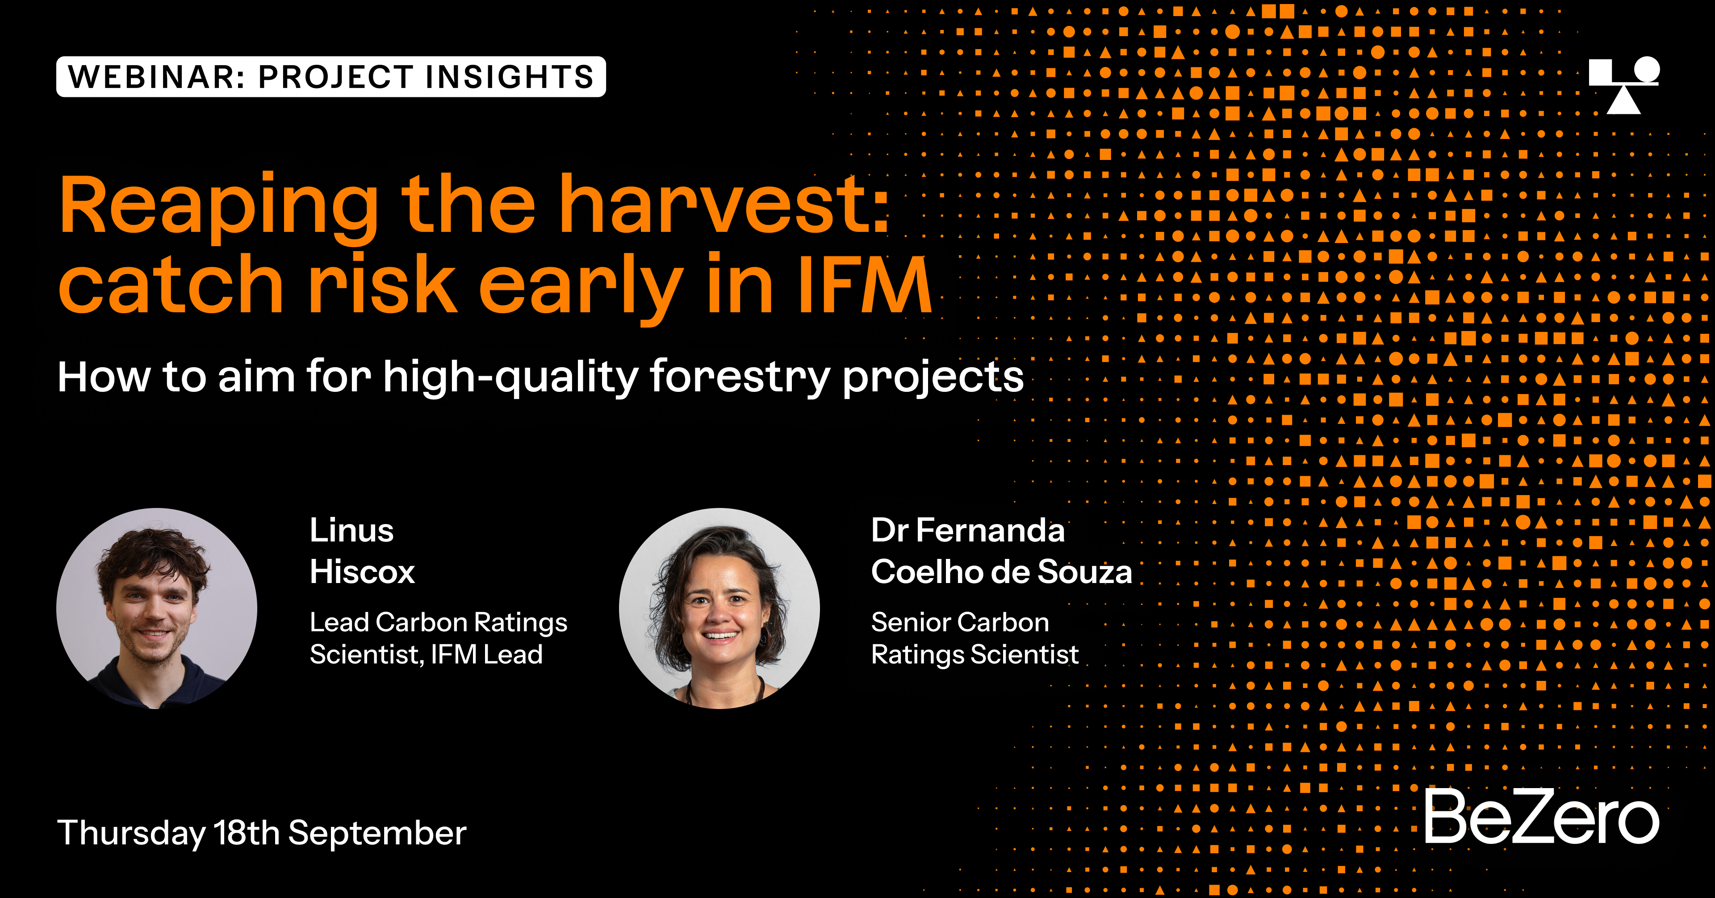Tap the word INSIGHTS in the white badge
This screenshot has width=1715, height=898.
[x=510, y=76]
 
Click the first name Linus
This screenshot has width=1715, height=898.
[x=351, y=530]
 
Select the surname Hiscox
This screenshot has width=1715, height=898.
[x=362, y=571]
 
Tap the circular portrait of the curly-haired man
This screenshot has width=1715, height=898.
[x=156, y=608]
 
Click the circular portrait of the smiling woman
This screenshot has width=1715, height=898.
[x=719, y=608]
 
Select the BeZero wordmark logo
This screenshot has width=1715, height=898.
[x=1541, y=816]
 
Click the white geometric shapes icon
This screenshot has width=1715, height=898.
[x=1624, y=85]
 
